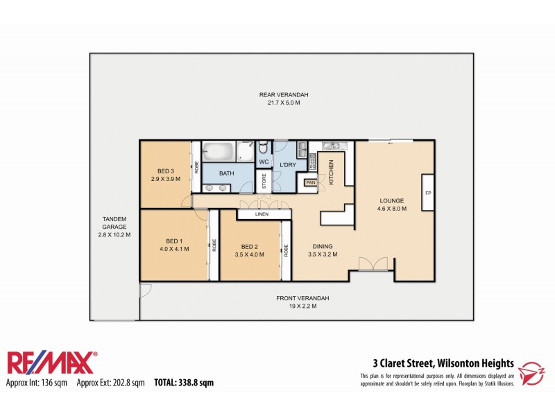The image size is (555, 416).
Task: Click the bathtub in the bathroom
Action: (x=219, y=150)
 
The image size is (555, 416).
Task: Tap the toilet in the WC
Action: (x=263, y=148)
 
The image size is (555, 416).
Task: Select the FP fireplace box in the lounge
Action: (x=428, y=193)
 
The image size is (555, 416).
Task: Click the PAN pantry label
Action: (x=309, y=182)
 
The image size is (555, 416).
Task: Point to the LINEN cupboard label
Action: (x=262, y=215)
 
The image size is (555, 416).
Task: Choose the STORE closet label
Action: (x=264, y=181)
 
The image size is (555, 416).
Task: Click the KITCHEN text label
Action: (x=332, y=171)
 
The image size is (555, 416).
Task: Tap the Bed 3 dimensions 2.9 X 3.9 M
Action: (x=165, y=179)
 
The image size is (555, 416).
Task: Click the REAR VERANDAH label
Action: (x=274, y=95)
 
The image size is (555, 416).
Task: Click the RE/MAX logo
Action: (x=52, y=363)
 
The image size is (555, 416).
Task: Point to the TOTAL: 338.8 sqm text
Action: (x=183, y=382)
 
